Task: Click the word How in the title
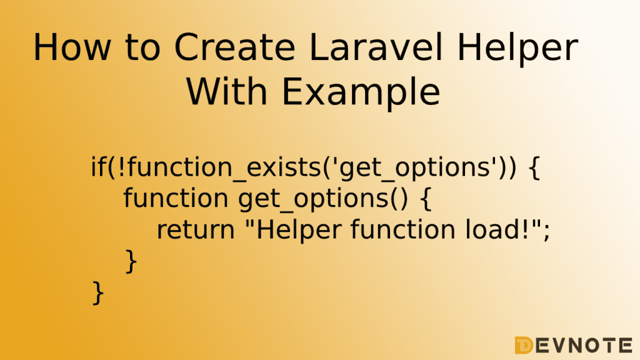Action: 72,47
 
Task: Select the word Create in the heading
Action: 235,47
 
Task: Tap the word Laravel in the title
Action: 376,47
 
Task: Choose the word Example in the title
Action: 361,94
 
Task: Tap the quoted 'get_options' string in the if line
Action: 415,169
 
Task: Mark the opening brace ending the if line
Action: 534,167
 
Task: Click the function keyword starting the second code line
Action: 176,197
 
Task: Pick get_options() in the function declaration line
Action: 323,200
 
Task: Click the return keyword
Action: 196,230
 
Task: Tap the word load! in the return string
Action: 501,229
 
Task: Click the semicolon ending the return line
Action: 547,231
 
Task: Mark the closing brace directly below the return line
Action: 131,261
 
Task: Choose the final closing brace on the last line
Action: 98,292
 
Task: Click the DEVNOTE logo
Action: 574,346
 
